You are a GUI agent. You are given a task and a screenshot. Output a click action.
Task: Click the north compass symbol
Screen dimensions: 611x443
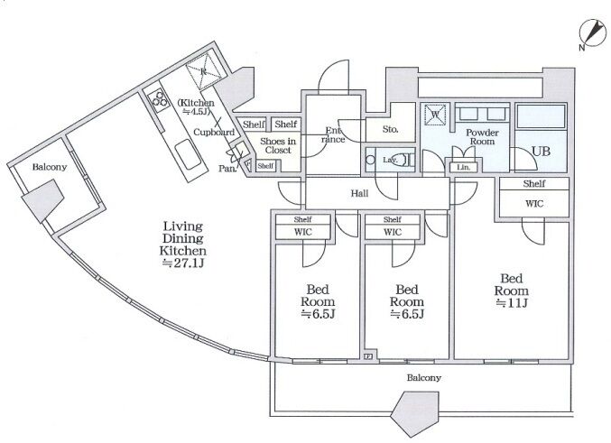tap(593, 32)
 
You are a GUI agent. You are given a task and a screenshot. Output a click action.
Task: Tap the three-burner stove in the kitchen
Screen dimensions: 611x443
tap(160, 98)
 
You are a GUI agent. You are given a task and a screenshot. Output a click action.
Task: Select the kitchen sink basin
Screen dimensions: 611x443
tap(188, 155)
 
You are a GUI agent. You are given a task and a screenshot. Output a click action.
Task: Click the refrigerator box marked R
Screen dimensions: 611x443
tap(203, 71)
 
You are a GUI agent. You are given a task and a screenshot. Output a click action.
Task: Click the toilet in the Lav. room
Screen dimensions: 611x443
tap(408, 160)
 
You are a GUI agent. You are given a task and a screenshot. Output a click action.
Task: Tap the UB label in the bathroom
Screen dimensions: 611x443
tap(541, 152)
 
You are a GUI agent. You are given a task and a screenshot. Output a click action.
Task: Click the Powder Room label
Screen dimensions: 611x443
tap(483, 137)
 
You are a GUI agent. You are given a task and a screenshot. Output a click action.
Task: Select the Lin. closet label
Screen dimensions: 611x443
tap(463, 167)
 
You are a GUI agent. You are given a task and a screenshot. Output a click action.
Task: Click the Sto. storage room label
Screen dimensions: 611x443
tap(390, 129)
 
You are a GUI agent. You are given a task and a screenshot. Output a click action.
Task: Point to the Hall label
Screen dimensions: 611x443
tap(359, 193)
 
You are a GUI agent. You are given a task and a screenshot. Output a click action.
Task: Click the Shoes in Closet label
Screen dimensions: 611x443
tap(278, 145)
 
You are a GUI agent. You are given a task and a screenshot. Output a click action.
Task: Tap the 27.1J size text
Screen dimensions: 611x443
tap(183, 263)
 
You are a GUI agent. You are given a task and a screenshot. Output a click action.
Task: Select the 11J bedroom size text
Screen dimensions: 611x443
tap(512, 303)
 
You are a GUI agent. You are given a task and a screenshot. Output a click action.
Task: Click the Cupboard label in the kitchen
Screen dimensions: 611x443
tap(214, 132)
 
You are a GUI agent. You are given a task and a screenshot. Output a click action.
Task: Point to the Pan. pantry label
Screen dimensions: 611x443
tap(227, 169)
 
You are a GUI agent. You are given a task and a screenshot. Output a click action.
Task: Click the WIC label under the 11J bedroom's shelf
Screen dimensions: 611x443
tap(534, 203)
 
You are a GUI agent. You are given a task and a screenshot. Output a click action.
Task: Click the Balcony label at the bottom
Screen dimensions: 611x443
tap(424, 377)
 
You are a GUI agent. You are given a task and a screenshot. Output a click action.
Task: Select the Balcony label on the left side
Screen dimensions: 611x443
tap(50, 167)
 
